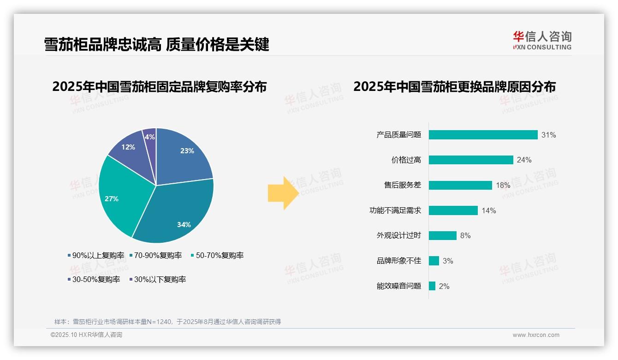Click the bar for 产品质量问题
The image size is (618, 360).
tap(483, 135)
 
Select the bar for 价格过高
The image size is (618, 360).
tap(471, 160)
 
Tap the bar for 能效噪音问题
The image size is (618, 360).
tap(432, 286)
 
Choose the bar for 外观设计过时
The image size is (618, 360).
tap(443, 235)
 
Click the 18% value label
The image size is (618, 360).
tap(503, 186)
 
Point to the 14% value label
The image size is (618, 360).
tap(489, 210)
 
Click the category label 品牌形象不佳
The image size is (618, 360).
tap(399, 261)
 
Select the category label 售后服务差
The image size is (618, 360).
tap(403, 185)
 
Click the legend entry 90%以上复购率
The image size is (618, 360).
tap(96, 255)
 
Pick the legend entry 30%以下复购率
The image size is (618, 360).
tap(157, 279)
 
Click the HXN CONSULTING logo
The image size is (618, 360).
tap(542, 41)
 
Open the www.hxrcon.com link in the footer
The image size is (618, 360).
tap(536, 335)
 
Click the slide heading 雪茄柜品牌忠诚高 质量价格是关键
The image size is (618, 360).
tap(156, 44)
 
